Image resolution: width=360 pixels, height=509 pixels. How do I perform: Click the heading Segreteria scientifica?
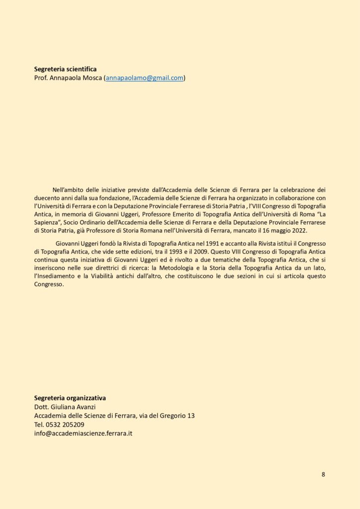pos(65,69)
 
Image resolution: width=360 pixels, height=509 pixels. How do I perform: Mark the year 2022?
pos(299,231)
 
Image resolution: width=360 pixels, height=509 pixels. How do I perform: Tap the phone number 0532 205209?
pos(65,424)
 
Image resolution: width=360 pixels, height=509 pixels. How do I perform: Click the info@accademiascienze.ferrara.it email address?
pos(83,433)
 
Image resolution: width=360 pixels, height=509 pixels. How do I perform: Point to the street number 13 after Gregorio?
pos(190,416)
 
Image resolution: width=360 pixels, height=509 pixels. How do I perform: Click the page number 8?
pos(323,474)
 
